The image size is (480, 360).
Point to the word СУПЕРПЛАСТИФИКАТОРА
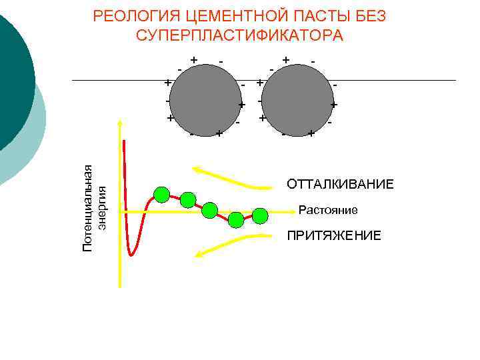pos(239,35)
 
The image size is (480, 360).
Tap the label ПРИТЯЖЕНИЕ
pos(334,236)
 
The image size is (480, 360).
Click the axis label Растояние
pos(328,211)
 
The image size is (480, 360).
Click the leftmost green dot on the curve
pos(161,195)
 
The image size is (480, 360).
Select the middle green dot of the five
pos(209,211)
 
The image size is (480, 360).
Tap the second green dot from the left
pos(187,199)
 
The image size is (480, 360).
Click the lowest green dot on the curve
pos(236,219)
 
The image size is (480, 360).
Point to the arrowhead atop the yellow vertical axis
pos(120,124)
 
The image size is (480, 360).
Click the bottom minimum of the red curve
pos(132,255)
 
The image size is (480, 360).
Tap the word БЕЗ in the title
pos(368,16)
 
